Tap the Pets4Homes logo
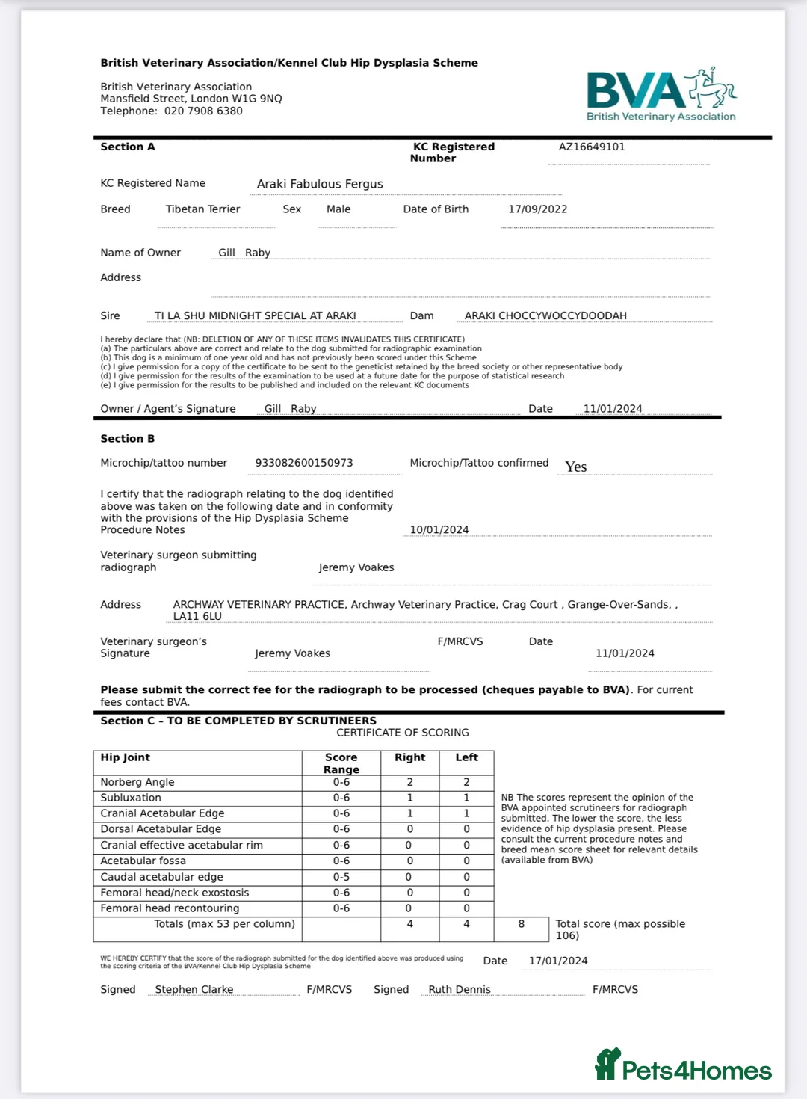[x=683, y=1065]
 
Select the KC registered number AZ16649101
[x=592, y=147]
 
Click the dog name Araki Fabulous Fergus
[x=320, y=184]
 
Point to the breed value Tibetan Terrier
[x=202, y=209]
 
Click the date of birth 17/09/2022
[x=537, y=209]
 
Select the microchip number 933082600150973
[x=304, y=463]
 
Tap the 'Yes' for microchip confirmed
[x=575, y=467]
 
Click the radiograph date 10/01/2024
[x=439, y=530]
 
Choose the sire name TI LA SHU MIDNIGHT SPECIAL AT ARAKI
[x=255, y=316]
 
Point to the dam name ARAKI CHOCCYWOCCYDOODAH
[x=545, y=316]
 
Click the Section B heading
[x=128, y=439]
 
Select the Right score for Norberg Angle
[x=409, y=782]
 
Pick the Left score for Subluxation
[x=466, y=798]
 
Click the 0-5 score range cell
[x=341, y=877]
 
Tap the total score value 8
[x=522, y=924]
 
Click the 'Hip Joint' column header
[x=126, y=757]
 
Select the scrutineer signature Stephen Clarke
[x=194, y=990]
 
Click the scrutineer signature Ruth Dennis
[x=460, y=990]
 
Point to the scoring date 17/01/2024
[x=558, y=961]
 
